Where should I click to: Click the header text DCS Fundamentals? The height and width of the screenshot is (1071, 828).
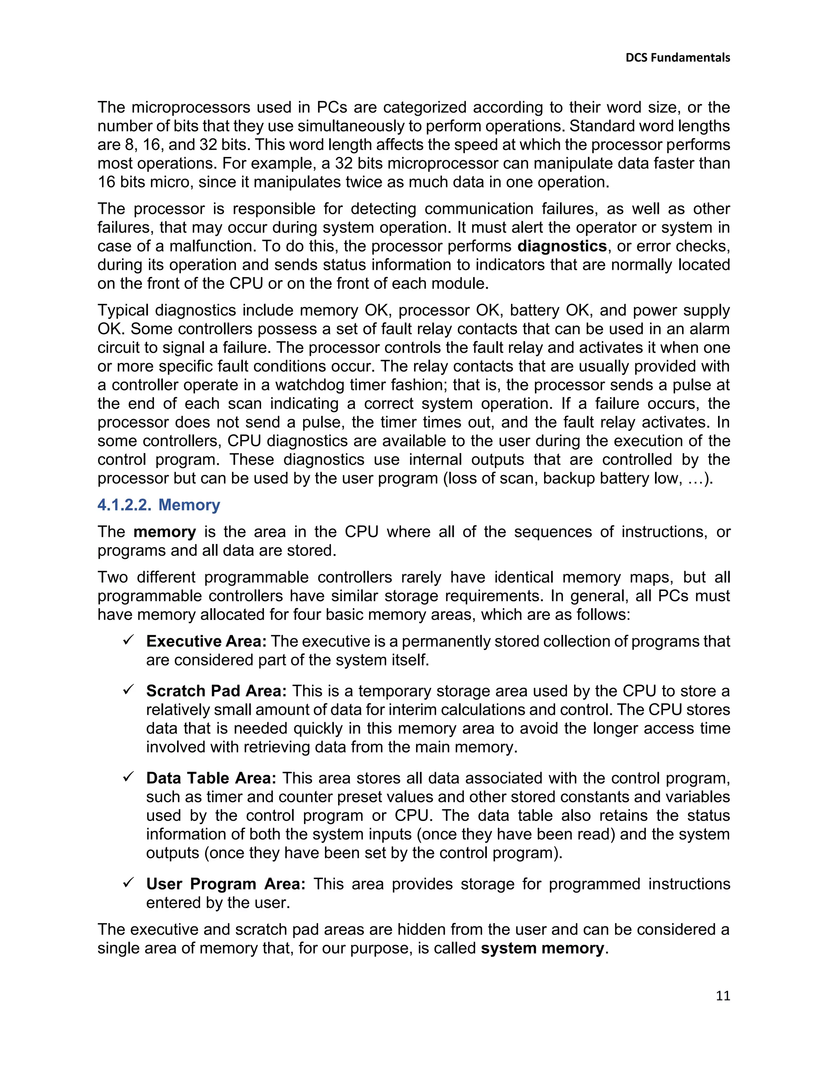pos(678,58)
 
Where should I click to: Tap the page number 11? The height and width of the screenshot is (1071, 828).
pos(722,996)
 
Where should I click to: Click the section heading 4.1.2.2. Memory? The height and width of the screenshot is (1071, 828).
pos(158,505)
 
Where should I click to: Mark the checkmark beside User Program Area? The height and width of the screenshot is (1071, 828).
pos(129,883)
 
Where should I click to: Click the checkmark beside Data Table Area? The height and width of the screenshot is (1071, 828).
pos(129,777)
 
